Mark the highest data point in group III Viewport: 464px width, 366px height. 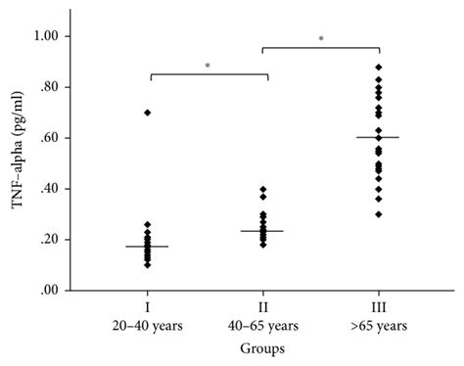click(378, 67)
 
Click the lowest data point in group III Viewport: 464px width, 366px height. click(378, 214)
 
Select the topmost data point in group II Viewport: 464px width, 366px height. click(262, 189)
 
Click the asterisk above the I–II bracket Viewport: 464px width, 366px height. click(207, 66)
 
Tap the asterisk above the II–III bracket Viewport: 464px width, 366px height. click(320, 39)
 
